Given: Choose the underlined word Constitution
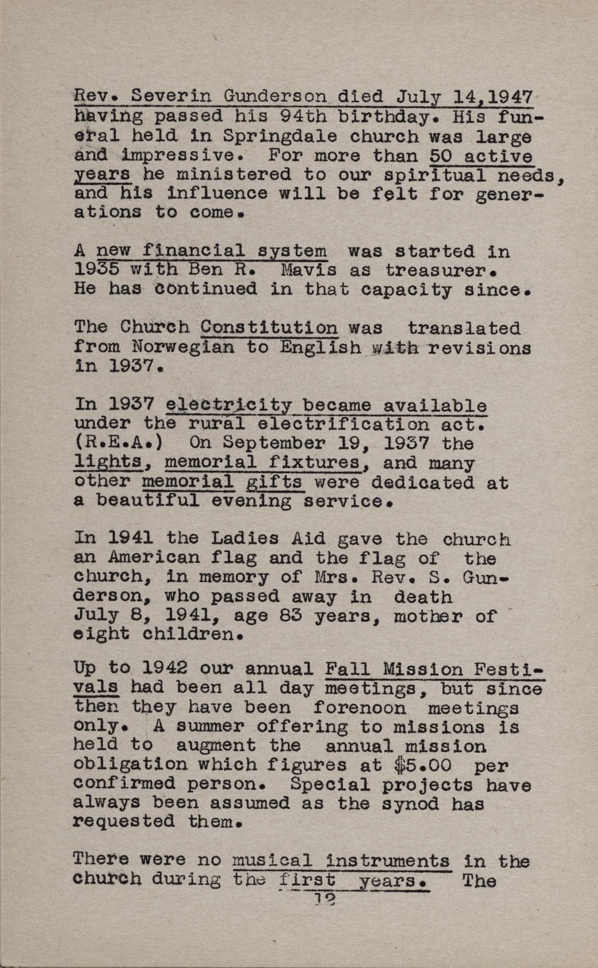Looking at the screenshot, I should (269, 328).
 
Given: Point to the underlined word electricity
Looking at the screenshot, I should (229, 405).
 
